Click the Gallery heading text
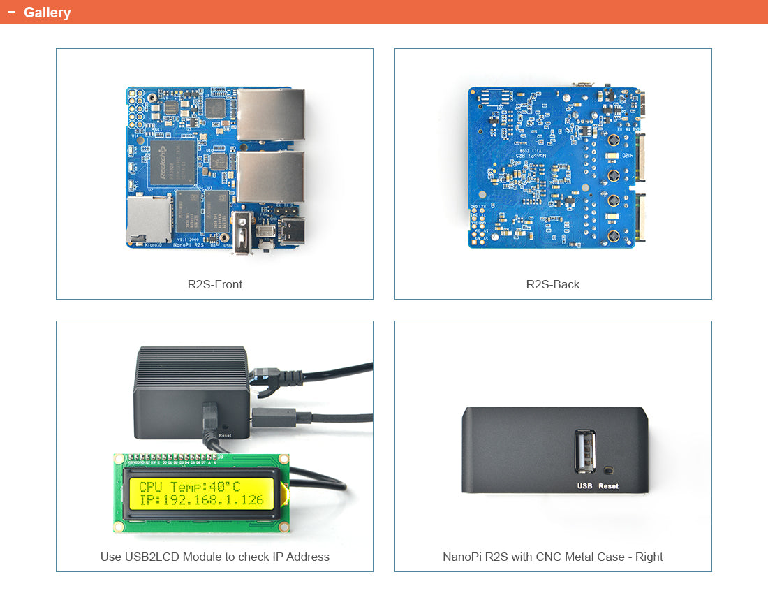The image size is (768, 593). pos(47,13)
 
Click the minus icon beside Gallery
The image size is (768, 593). pos(11,12)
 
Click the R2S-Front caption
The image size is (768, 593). pos(214,284)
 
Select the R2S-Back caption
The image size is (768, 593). pos(552,284)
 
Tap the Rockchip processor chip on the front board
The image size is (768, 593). pos(172,161)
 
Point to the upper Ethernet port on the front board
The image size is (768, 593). pos(271,115)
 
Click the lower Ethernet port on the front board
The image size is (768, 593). pos(271,177)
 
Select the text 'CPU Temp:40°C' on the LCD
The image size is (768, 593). pos(189,486)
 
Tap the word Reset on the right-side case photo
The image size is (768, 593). pos(608,486)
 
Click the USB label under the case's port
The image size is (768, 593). pos(584,486)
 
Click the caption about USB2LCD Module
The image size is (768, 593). pos(214,557)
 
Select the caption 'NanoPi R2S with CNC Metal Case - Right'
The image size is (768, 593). pos(552,557)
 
